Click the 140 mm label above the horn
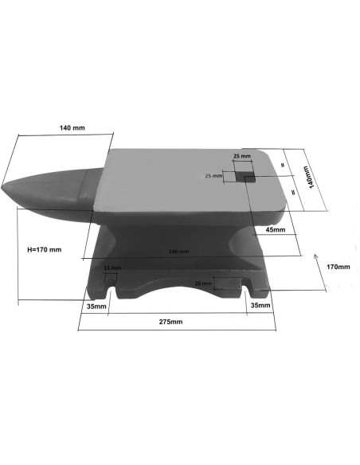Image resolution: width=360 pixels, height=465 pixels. [74, 127]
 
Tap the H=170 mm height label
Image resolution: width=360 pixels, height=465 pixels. [39, 249]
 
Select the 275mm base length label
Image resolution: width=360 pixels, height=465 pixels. [170, 322]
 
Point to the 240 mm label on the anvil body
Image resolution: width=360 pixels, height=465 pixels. [178, 252]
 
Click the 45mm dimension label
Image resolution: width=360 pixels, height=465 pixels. [276, 230]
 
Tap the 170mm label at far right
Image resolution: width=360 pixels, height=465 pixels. [338, 266]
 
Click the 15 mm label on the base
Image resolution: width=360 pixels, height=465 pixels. [112, 268]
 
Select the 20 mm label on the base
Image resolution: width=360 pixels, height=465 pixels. [202, 283]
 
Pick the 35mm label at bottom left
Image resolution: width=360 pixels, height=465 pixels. [96, 306]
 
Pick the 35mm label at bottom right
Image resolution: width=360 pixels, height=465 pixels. [260, 305]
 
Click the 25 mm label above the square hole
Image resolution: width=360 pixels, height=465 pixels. [242, 156]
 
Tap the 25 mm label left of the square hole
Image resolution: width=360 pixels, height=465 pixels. [214, 175]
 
